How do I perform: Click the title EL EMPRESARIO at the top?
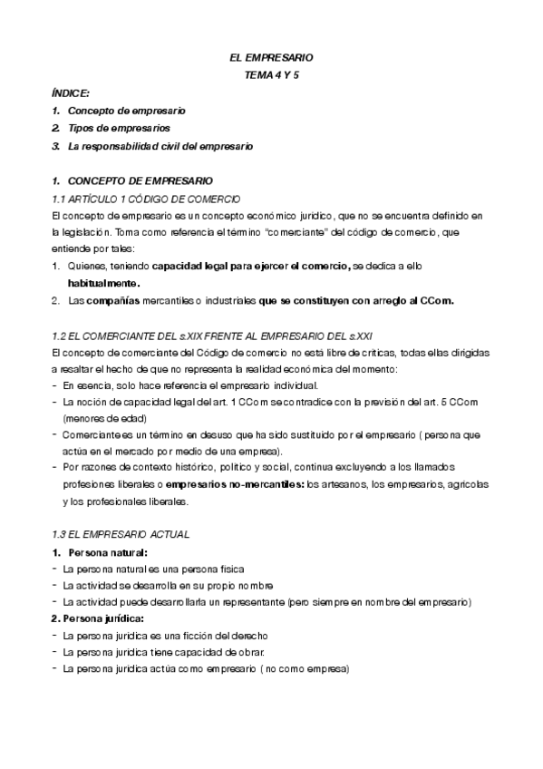[271, 58]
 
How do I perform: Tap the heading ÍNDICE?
[71, 93]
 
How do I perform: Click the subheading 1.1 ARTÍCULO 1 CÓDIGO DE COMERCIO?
[146, 198]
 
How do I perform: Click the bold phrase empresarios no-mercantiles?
[240, 486]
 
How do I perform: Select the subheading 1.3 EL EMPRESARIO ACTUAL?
[120, 534]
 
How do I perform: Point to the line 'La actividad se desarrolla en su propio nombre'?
[168, 585]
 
